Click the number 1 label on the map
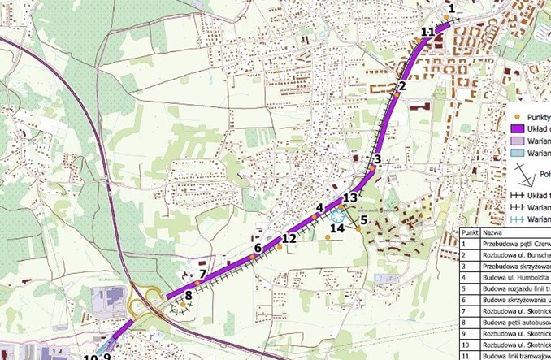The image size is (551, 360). (x=451, y=8)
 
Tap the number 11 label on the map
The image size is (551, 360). (x=429, y=32)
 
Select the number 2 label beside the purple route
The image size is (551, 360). (x=401, y=86)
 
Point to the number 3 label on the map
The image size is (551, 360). (x=377, y=158)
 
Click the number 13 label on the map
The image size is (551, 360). (x=350, y=197)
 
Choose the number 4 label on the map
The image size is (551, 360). (x=320, y=208)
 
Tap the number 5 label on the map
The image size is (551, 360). (x=364, y=219)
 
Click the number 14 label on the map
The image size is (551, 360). (x=336, y=229)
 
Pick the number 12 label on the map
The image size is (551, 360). (x=289, y=239)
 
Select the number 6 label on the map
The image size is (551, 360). (x=258, y=248)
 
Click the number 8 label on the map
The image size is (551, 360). (x=189, y=296)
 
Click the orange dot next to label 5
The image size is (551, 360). (x=358, y=229)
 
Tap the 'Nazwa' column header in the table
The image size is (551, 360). (x=492, y=232)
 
